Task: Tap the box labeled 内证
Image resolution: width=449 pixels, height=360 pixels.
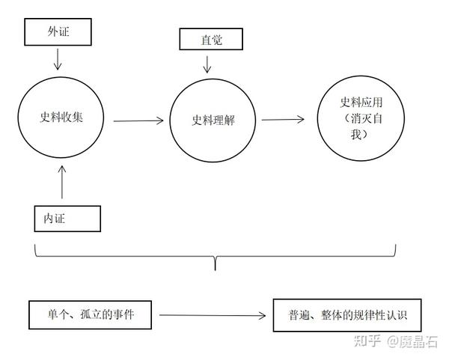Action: point(67,218)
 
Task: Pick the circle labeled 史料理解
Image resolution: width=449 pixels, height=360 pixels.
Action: point(213,120)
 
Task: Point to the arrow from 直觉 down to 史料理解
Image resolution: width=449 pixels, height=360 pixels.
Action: point(208,64)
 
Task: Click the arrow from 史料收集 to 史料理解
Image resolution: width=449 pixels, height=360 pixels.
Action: point(138,120)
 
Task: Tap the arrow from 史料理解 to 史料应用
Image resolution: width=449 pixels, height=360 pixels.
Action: point(283,119)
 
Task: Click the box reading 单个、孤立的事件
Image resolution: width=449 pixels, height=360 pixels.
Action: point(91,314)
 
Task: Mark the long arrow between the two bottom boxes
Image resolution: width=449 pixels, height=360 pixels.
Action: point(213,315)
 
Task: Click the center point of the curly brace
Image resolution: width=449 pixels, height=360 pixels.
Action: point(216,263)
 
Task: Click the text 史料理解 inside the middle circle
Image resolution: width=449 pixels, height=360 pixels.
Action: point(213,120)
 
